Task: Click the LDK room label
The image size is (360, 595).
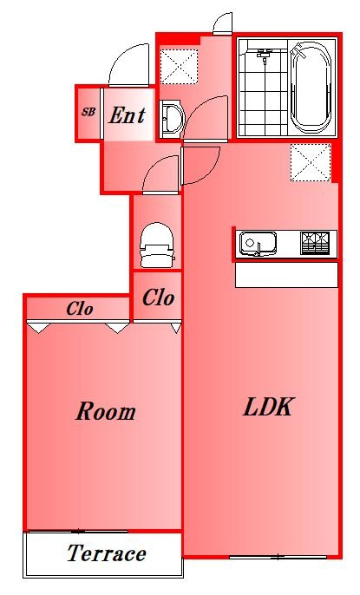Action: point(269,408)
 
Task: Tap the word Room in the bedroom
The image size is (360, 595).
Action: point(105,411)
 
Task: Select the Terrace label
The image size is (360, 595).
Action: point(106,553)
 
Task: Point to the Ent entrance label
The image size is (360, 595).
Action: point(127,114)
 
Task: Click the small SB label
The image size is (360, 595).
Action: point(88,112)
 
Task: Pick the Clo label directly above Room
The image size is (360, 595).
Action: point(80,309)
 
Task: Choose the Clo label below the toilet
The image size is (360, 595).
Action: point(158,298)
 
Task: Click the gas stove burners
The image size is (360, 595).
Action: point(317,243)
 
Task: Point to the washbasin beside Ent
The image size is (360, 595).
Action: point(171,118)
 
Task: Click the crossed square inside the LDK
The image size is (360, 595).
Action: point(310,162)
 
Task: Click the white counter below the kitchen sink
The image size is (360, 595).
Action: point(286,275)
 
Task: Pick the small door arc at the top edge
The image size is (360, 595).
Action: point(223,23)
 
